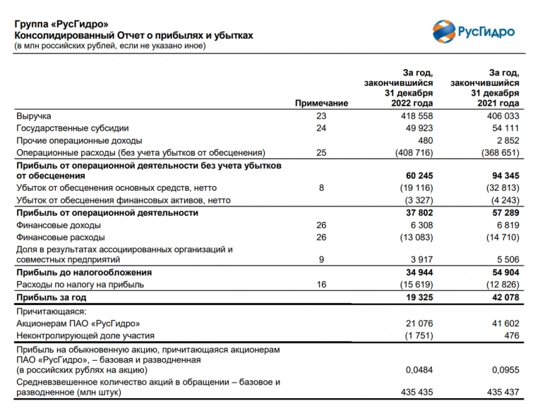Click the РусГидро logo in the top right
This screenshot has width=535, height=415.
pyautogui.click(x=474, y=32)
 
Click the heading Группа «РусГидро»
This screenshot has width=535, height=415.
pyautogui.click(x=62, y=25)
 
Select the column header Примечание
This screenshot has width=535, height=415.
pyautogui.click(x=321, y=103)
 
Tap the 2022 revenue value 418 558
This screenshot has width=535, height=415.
pyautogui.click(x=412, y=116)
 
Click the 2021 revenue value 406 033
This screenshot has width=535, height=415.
pyautogui.click(x=500, y=116)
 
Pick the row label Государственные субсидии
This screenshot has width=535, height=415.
pyautogui.click(x=72, y=128)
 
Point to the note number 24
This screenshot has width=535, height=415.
pyautogui.click(x=322, y=128)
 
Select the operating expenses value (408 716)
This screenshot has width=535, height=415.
pyautogui.click(x=411, y=152)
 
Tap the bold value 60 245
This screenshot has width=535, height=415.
pyautogui.click(x=416, y=175)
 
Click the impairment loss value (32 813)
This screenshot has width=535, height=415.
pyautogui.click(x=500, y=188)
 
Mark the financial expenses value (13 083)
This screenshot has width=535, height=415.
pyautogui.click(x=413, y=237)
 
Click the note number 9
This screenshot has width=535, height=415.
pyautogui.click(x=322, y=259)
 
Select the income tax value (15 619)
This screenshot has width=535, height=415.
pyautogui.click(x=413, y=285)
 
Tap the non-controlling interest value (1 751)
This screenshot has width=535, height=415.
pyautogui.click(x=415, y=335)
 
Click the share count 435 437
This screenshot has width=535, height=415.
pyautogui.click(x=502, y=392)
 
